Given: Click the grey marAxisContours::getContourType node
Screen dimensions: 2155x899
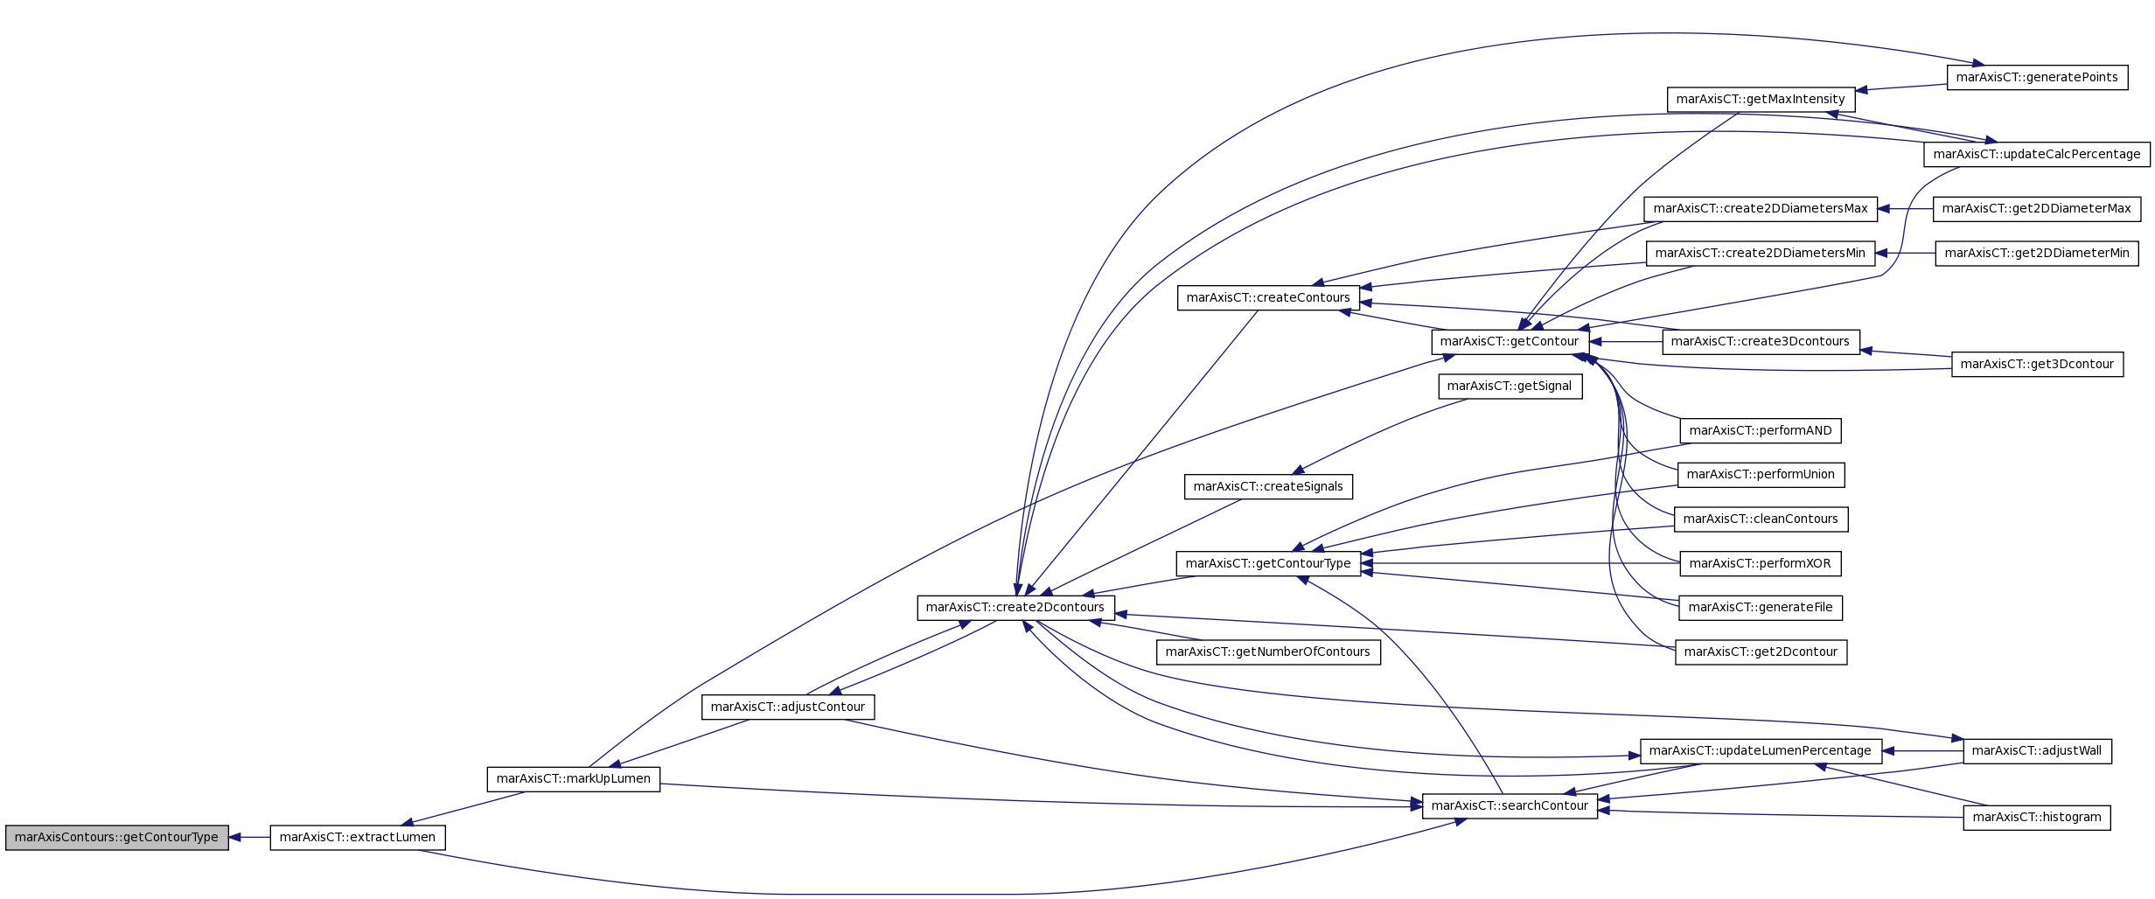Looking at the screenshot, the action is pos(117,838).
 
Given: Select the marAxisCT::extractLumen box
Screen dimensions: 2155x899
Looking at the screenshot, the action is pos(358,838).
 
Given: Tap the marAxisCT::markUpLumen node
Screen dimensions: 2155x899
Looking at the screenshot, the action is pos(574,779).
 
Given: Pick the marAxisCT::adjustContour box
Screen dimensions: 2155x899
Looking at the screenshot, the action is pos(788,707).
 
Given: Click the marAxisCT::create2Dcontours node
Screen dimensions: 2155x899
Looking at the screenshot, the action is pos(1015,608).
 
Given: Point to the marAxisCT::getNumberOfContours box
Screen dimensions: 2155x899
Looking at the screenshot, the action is pos(1268,652).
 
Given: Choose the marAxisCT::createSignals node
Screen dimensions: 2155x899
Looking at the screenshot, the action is pos(1268,487).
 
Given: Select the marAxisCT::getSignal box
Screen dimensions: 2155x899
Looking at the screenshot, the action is pos(1510,387).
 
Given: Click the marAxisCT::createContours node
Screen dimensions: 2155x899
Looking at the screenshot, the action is pos(1268,298).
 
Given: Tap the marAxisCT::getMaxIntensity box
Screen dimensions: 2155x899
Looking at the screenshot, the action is pos(1761,100).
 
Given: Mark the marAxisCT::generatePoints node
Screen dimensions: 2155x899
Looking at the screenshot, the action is pos(2037,78).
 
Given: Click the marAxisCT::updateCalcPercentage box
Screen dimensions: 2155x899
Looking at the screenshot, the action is pos(2037,155).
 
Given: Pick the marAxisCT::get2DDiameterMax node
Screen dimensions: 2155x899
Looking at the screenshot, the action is pos(2037,209).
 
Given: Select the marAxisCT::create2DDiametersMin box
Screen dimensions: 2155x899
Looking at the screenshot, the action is pos(1761,254).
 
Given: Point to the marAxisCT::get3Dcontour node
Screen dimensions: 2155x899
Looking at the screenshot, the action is pos(2037,365).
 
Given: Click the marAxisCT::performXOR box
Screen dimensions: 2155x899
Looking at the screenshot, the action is pos(1761,564).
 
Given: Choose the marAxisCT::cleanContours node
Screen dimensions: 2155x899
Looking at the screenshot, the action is pos(1761,519).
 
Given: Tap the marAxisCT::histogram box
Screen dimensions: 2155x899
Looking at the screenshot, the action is pos(2037,818).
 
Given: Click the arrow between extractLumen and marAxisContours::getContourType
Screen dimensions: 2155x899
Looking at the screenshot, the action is pos(249,838).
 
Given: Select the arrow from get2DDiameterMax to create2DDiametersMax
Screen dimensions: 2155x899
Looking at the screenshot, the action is pos(1905,209).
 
